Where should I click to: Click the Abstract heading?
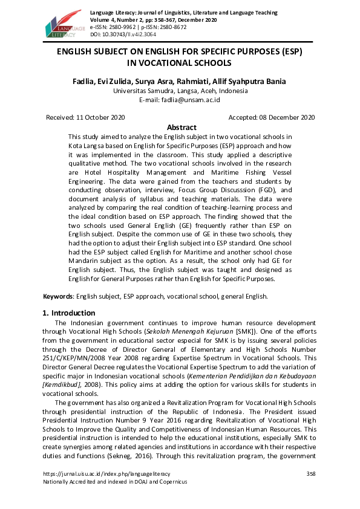click(182, 128)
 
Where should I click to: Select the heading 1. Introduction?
click(69, 313)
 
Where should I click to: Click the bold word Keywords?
click(57, 296)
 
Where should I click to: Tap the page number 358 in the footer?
click(312, 473)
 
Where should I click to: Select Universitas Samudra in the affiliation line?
click(140, 91)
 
